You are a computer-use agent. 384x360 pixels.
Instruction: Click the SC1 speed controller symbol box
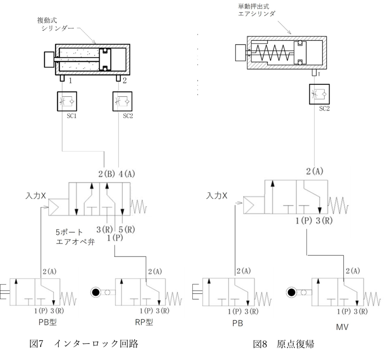(x=67, y=102)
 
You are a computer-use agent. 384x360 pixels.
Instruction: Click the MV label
(x=342, y=327)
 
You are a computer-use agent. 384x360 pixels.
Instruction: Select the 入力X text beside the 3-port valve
(x=216, y=196)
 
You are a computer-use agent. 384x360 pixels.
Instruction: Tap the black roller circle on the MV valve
(x=291, y=291)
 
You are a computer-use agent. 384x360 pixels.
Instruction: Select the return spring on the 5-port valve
(x=138, y=206)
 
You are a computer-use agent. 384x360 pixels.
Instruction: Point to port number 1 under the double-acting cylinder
(x=70, y=80)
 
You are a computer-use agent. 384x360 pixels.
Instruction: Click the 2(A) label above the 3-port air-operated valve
(x=314, y=171)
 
